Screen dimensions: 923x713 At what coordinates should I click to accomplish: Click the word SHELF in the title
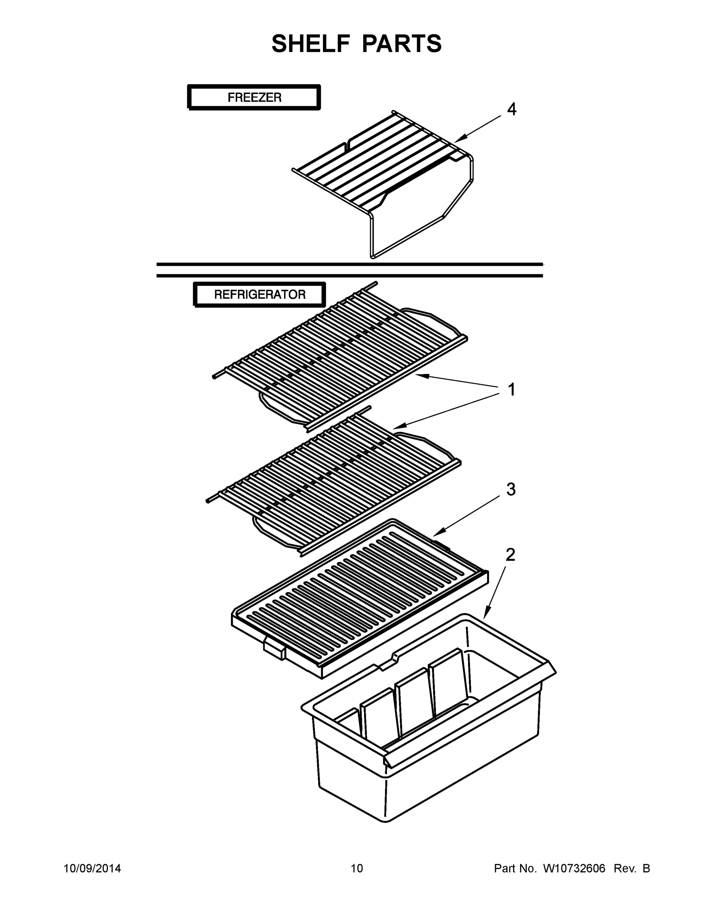pyautogui.click(x=311, y=43)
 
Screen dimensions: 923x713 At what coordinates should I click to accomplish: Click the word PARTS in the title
pyautogui.click(x=402, y=43)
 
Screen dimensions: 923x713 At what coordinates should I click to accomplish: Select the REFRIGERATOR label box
pyautogui.click(x=259, y=295)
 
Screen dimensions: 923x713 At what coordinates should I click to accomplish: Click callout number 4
pyautogui.click(x=511, y=110)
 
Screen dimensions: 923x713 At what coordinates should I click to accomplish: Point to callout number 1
pyautogui.click(x=511, y=389)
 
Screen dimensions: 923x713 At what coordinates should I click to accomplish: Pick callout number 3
pyautogui.click(x=511, y=490)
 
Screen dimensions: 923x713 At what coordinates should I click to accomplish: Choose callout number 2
pyautogui.click(x=510, y=555)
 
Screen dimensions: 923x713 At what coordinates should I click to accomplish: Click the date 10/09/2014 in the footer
pyautogui.click(x=92, y=868)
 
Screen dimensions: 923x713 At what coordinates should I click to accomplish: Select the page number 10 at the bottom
pyautogui.click(x=357, y=868)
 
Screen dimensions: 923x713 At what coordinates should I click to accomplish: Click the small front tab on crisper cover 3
pyautogui.click(x=274, y=648)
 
